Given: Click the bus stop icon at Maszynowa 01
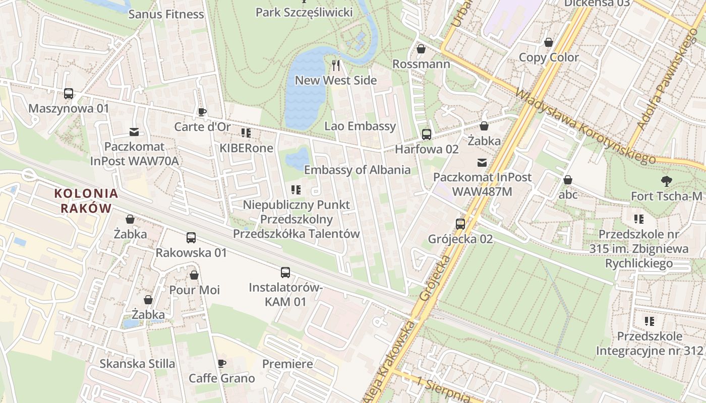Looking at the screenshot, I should pyautogui.click(x=69, y=94).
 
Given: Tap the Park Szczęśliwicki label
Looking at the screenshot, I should pyautogui.click(x=304, y=12).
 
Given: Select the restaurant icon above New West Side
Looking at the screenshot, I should pyautogui.click(x=336, y=65).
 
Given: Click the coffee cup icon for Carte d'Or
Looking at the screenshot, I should pyautogui.click(x=202, y=112).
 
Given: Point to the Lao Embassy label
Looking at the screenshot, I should pyautogui.click(x=360, y=126).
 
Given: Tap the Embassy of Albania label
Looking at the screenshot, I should pyautogui.click(x=357, y=170).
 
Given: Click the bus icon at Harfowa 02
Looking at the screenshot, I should pyautogui.click(x=427, y=135).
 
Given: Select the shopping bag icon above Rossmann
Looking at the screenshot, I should pyautogui.click(x=421, y=49).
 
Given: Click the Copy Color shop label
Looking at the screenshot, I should pyautogui.click(x=549, y=57).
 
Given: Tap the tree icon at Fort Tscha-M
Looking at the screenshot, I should pyautogui.click(x=667, y=181).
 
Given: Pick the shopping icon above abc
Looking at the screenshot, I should pyautogui.click(x=568, y=180).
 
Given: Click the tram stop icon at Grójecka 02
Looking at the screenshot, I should pyautogui.click(x=460, y=224).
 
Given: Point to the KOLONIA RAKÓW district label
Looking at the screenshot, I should pyautogui.click(x=86, y=200).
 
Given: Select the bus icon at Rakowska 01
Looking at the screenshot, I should pyautogui.click(x=191, y=238).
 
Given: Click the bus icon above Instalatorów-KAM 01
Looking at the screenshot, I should pyautogui.click(x=285, y=273).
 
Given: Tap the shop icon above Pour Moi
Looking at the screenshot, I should pyautogui.click(x=194, y=275).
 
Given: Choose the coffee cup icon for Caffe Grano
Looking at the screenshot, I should pyautogui.click(x=221, y=364).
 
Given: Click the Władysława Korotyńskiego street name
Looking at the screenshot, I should pyautogui.click(x=585, y=126).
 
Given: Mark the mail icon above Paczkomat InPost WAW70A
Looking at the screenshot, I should pyautogui.click(x=134, y=132).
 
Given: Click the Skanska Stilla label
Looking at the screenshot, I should pyautogui.click(x=137, y=364).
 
